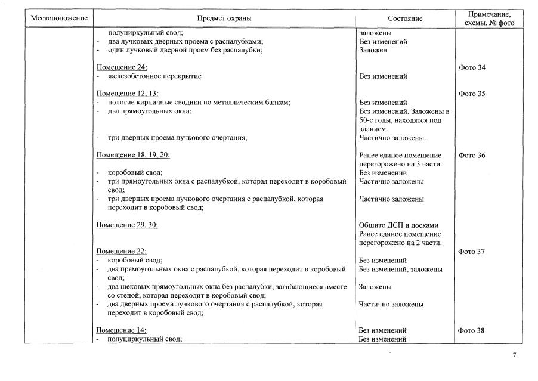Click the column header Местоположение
click(59, 18)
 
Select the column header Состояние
click(404, 18)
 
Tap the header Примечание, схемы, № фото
click(488, 18)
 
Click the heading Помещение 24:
click(122, 67)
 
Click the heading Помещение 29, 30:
click(128, 225)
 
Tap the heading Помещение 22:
click(122, 252)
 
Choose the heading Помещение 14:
click(122, 330)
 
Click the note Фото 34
click(472, 67)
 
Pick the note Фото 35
click(472, 94)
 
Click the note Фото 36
click(472, 155)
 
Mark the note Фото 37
click(472, 252)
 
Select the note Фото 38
click(472, 330)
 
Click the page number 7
click(514, 355)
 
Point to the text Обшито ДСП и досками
click(398, 225)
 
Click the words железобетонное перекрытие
click(154, 76)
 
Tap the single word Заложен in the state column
click(373, 51)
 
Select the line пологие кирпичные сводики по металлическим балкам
click(199, 103)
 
